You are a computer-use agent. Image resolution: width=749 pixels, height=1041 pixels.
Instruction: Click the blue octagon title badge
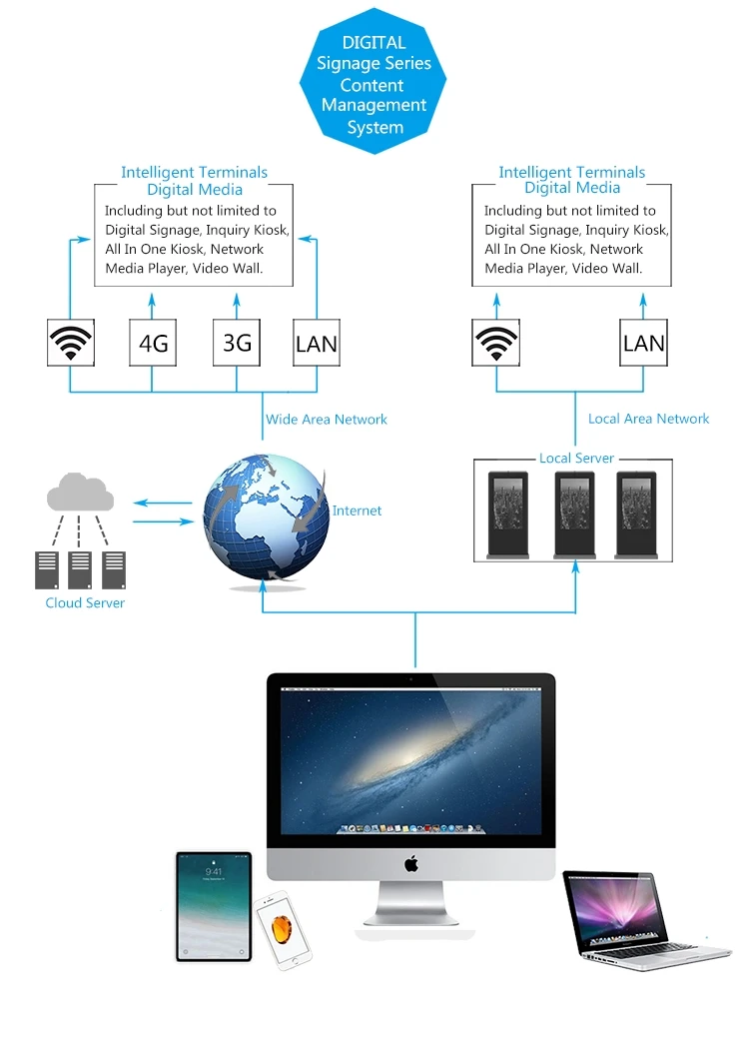(x=373, y=81)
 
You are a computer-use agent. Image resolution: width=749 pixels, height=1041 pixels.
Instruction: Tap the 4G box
(x=153, y=343)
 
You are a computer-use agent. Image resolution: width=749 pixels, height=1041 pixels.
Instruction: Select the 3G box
(x=236, y=343)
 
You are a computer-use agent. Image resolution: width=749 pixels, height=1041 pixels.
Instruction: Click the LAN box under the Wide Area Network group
(x=317, y=343)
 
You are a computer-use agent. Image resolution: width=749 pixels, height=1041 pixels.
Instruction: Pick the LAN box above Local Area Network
(x=643, y=343)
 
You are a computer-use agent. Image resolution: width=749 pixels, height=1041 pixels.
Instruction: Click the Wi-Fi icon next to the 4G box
(x=70, y=343)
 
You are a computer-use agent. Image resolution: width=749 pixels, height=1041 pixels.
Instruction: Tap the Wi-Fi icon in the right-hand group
(x=495, y=343)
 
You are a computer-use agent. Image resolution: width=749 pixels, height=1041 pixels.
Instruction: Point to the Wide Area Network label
(x=327, y=420)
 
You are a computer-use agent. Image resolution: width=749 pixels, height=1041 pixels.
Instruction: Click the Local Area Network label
(x=648, y=419)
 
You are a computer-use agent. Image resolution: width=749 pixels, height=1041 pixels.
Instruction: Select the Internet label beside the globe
(x=357, y=511)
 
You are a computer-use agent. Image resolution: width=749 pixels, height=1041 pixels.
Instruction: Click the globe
(x=266, y=517)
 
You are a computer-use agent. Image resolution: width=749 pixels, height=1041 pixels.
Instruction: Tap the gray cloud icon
(x=80, y=492)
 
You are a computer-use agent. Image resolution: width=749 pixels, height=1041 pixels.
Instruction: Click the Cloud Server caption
(x=85, y=602)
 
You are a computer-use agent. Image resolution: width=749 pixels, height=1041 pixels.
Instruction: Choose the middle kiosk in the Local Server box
(x=574, y=515)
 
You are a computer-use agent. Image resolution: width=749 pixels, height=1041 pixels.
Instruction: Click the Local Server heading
(x=576, y=459)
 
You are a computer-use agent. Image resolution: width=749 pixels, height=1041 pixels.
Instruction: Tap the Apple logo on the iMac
(x=411, y=864)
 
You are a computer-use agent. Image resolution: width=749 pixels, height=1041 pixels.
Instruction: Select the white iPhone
(x=283, y=930)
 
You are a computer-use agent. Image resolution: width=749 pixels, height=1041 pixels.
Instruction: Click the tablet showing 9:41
(x=214, y=907)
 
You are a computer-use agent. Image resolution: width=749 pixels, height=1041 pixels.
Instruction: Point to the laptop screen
(x=614, y=909)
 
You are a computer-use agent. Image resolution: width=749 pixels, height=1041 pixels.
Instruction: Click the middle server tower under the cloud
(x=80, y=570)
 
